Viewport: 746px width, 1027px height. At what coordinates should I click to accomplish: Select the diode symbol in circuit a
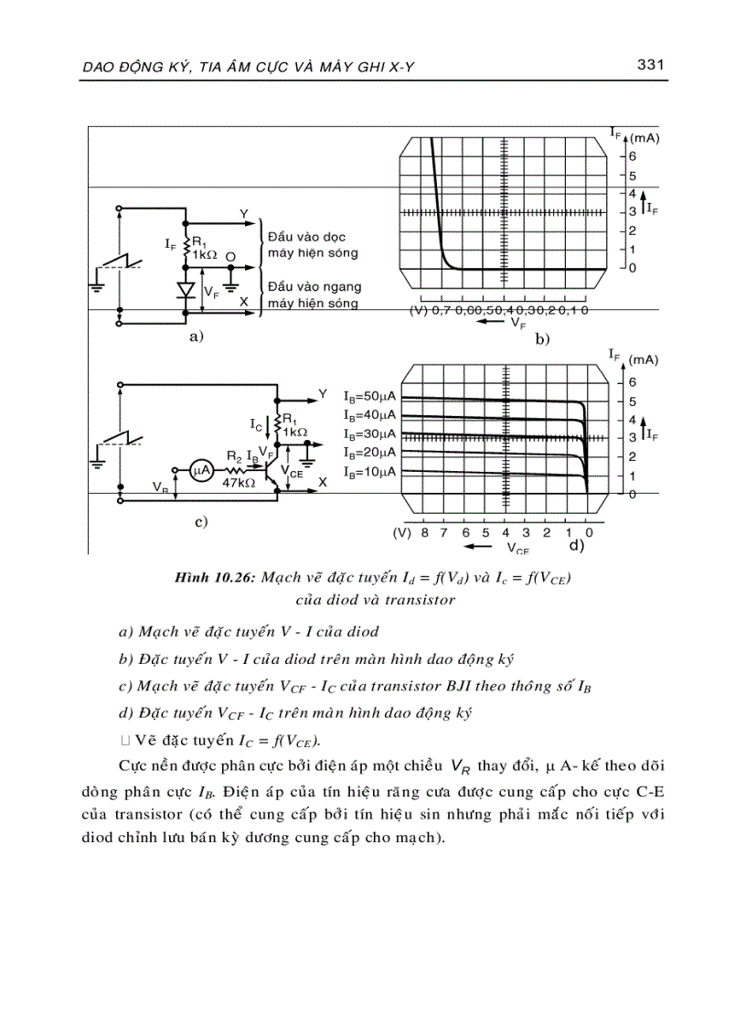pyautogui.click(x=186, y=291)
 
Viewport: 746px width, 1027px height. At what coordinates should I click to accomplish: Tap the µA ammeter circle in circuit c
pyautogui.click(x=201, y=470)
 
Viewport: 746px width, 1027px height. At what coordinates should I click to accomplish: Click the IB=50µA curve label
pyautogui.click(x=369, y=397)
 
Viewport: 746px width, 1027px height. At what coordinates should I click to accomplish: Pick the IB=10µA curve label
pyautogui.click(x=369, y=472)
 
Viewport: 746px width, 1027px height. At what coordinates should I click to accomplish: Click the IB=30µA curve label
pyautogui.click(x=369, y=434)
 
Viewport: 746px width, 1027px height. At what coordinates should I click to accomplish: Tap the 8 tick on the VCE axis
pyautogui.click(x=424, y=531)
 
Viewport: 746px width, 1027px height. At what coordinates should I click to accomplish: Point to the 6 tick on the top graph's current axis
pyautogui.click(x=632, y=156)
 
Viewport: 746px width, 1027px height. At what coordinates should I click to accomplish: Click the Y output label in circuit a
pyautogui.click(x=244, y=214)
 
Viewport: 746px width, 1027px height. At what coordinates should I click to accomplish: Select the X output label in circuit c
pyautogui.click(x=322, y=481)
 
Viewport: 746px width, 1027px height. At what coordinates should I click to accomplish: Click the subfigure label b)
pyautogui.click(x=543, y=339)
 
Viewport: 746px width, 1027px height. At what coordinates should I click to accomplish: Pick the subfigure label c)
pyautogui.click(x=201, y=522)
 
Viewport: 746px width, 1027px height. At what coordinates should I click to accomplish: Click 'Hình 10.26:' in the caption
pyautogui.click(x=218, y=578)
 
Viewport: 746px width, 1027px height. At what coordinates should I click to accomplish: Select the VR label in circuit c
pyautogui.click(x=161, y=489)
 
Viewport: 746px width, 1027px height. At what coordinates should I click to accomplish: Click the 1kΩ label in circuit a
pyautogui.click(x=206, y=255)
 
